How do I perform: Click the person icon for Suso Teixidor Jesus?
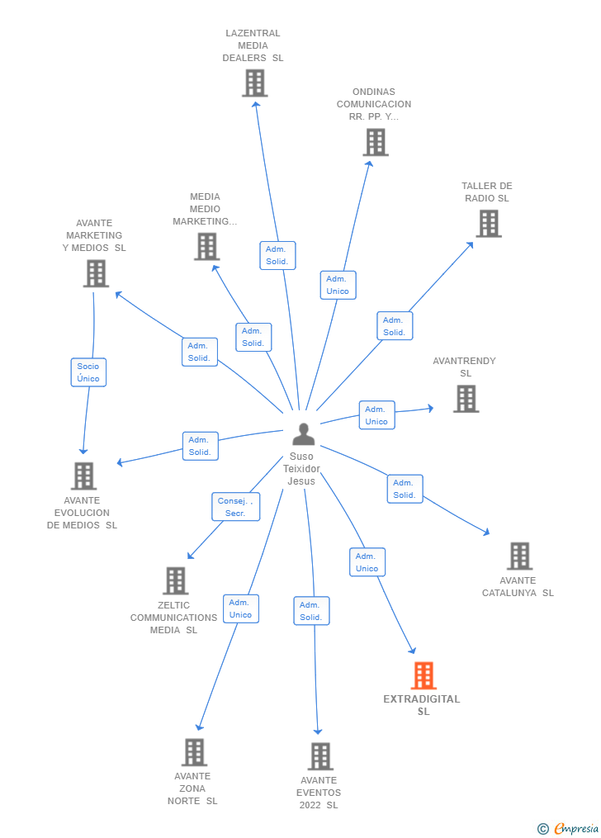(x=304, y=434)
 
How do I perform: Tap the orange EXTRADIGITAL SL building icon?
(x=424, y=675)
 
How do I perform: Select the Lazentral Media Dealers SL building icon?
(x=255, y=83)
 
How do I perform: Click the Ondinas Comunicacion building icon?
(x=376, y=142)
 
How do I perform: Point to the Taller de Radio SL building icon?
(x=489, y=223)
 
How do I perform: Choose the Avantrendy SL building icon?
(x=466, y=399)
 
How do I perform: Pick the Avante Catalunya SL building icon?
(x=519, y=556)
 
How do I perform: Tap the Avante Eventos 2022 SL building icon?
(x=320, y=755)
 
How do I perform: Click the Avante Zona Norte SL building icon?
(x=195, y=752)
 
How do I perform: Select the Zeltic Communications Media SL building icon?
(x=176, y=580)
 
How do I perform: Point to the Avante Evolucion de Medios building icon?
(x=83, y=476)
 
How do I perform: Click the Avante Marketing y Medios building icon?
(x=96, y=273)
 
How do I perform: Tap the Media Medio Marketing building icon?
(x=206, y=246)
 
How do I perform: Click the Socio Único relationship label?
(x=88, y=372)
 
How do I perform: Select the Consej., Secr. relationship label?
(x=235, y=507)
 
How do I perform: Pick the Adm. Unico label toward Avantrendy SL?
(x=376, y=415)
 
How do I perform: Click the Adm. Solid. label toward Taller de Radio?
(x=395, y=326)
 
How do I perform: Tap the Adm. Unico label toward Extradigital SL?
(x=367, y=562)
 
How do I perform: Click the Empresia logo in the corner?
(x=569, y=828)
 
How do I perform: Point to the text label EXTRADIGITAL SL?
(x=422, y=705)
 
